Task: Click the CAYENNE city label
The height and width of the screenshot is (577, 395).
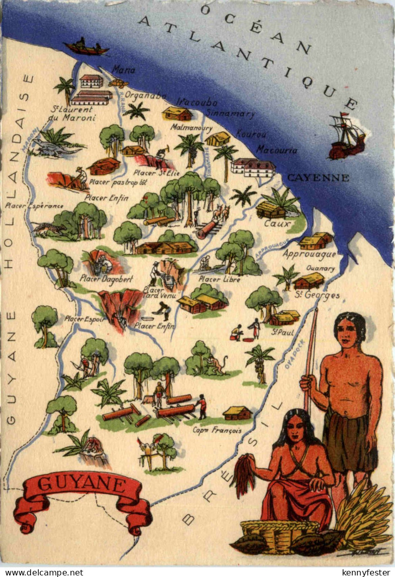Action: coord(318,178)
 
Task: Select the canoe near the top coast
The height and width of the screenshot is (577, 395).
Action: coord(86,47)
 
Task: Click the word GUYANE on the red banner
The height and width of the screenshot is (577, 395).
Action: coord(82,484)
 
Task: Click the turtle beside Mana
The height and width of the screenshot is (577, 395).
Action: coord(118,83)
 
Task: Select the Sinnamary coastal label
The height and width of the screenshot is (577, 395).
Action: coord(230,114)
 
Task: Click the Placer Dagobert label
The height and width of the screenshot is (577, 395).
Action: coord(106,279)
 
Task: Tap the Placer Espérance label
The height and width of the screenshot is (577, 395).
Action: coord(34,206)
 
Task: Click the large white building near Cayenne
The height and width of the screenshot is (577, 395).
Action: coord(253,167)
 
